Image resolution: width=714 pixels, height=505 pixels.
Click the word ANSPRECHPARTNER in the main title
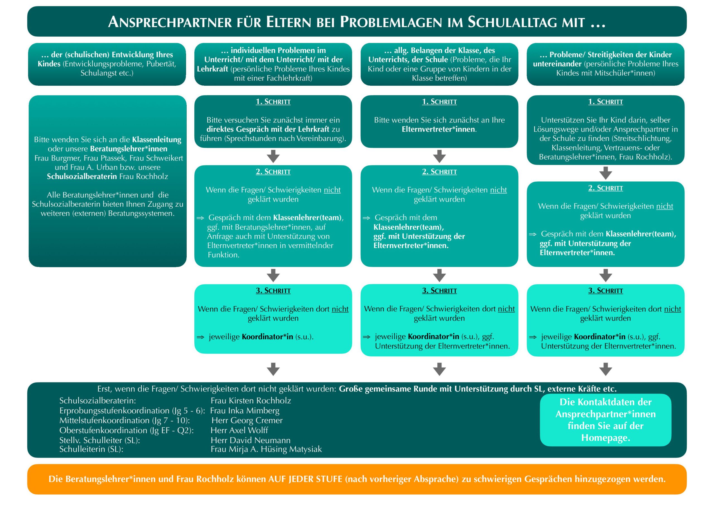click(x=170, y=22)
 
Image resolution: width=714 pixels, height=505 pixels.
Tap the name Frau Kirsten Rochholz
click(x=251, y=400)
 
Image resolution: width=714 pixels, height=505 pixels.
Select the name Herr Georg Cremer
click(x=247, y=420)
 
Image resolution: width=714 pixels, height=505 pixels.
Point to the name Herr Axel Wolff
click(x=239, y=430)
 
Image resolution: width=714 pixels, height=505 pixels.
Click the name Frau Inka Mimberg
click(x=245, y=410)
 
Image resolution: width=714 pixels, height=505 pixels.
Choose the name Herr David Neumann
click(x=250, y=440)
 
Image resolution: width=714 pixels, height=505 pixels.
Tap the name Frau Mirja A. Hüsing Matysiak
click(x=266, y=449)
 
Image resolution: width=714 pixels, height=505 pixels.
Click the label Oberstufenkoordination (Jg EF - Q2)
click(x=127, y=430)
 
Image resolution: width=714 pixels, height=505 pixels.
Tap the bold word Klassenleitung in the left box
click(x=156, y=140)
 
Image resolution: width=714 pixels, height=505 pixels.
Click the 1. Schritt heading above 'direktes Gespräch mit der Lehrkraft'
click(x=273, y=102)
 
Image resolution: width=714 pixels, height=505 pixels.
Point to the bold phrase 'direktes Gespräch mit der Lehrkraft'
click(x=268, y=129)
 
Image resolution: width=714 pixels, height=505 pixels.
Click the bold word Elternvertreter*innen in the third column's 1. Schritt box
click(x=438, y=129)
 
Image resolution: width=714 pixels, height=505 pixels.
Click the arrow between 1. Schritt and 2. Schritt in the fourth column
click(x=606, y=173)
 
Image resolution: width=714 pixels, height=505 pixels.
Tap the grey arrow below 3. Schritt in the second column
click(x=273, y=369)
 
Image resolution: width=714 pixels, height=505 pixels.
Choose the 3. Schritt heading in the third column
click(x=439, y=291)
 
